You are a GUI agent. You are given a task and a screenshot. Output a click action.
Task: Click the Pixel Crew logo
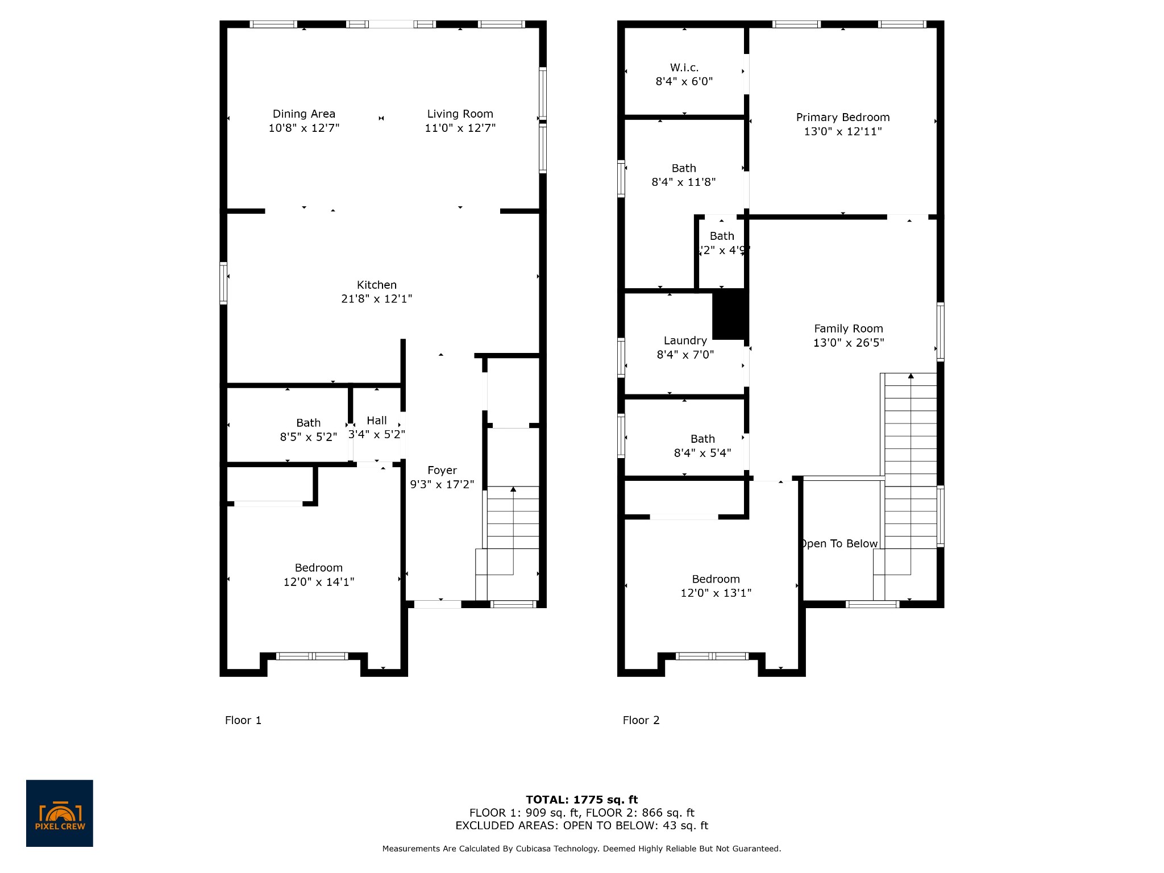[x=60, y=813]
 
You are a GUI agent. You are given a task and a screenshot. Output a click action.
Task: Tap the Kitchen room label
[x=377, y=285]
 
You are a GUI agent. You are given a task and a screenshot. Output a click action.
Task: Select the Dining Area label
[x=304, y=114]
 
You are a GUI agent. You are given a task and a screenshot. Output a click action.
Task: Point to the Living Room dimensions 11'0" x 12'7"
[x=460, y=128]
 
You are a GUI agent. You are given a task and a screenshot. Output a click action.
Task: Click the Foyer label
[x=442, y=471]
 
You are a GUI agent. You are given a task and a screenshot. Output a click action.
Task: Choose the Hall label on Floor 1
[x=377, y=421]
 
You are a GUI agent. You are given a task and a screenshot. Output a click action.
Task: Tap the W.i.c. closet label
[x=684, y=68]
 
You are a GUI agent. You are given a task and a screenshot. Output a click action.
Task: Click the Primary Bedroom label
[x=843, y=118]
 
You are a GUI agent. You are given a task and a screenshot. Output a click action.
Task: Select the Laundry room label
[x=685, y=340]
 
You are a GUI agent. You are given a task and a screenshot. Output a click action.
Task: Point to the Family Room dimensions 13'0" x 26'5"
[x=849, y=343]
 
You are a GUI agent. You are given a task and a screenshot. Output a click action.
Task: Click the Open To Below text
[x=839, y=544]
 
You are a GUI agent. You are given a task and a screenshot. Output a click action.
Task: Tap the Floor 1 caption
[x=243, y=720]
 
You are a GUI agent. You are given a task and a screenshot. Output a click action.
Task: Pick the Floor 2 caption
[x=641, y=720]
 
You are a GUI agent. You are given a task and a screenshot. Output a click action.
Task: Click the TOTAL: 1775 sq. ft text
[x=582, y=800]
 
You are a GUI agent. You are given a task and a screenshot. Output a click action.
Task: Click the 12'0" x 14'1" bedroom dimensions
[x=319, y=582]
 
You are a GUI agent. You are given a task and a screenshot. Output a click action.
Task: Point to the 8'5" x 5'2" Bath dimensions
[x=309, y=437]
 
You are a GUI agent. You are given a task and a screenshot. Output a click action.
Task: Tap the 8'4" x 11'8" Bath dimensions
[x=684, y=182]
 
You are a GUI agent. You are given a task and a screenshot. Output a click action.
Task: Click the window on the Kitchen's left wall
[x=223, y=283]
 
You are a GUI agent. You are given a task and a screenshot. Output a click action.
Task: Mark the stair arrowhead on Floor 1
[x=513, y=489]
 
